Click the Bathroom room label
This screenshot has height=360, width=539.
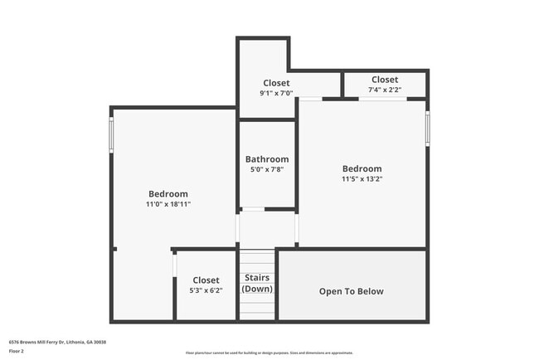click(x=267, y=159)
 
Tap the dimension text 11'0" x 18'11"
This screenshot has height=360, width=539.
click(x=169, y=203)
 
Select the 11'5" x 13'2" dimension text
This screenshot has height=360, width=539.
click(x=362, y=178)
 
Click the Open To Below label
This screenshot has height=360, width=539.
click(x=352, y=291)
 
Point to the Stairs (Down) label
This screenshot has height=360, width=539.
click(x=257, y=283)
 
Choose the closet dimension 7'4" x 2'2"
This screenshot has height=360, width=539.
click(x=385, y=90)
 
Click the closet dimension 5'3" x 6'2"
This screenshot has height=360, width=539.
click(x=206, y=290)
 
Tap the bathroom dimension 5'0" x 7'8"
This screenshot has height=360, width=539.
click(x=267, y=170)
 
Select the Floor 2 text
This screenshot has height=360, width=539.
click(x=17, y=351)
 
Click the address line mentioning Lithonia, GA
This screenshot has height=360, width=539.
click(x=57, y=342)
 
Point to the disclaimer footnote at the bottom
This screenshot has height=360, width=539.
click(x=269, y=353)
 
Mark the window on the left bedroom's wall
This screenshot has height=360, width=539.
click(x=111, y=134)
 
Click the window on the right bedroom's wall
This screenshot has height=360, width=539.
click(x=427, y=128)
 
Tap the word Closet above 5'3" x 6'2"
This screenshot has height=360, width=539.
click(x=206, y=280)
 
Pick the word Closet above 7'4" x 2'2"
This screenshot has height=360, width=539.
click(x=385, y=80)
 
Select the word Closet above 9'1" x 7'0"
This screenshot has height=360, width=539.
click(x=276, y=83)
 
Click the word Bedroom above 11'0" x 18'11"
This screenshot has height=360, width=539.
click(x=168, y=194)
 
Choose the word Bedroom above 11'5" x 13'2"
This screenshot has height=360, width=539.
click(x=362, y=168)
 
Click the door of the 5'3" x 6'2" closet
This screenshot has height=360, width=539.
click(x=174, y=265)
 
